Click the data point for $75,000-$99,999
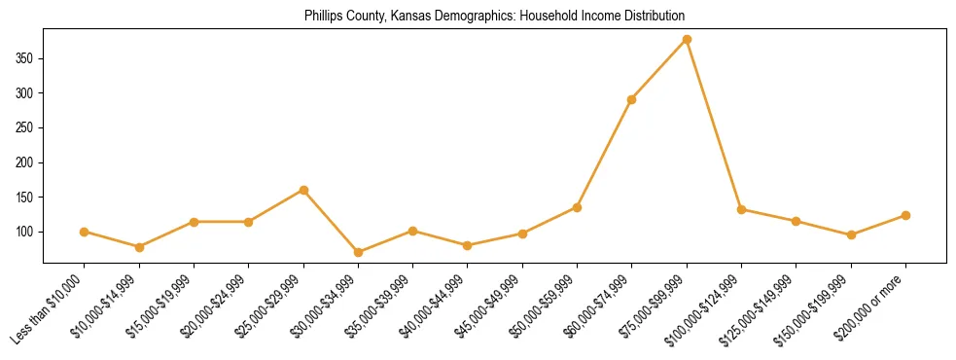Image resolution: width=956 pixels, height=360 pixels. [x=687, y=40]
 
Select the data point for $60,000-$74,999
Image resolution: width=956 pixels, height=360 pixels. [x=632, y=99]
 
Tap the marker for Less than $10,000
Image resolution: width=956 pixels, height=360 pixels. [x=85, y=232]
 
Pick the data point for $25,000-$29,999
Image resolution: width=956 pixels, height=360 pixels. [x=303, y=190]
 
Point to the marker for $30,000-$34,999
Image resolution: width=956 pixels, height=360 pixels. [x=358, y=252]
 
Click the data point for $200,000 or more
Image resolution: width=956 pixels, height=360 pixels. [x=905, y=215]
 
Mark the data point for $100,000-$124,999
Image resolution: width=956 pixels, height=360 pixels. [x=741, y=209]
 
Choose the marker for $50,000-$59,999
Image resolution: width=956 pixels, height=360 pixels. [x=577, y=207]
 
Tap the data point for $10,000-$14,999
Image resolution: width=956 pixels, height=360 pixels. [x=139, y=247]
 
